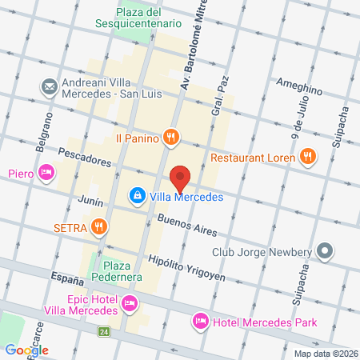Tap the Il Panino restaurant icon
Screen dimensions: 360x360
coord(170,138)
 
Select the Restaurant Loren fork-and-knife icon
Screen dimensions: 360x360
coord(310,158)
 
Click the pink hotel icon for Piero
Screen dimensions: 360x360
coord(47,172)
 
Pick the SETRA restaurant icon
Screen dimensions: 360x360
coord(98,227)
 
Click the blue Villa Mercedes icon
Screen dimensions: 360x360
coord(138,196)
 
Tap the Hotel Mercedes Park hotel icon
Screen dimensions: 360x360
coord(200,322)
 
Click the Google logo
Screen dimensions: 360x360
coord(26,350)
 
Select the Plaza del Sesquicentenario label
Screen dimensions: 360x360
coord(150,18)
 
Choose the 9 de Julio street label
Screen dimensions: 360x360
coord(298,118)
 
